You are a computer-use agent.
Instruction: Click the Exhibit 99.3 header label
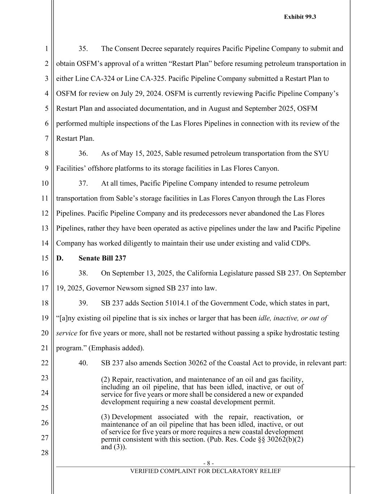click(300, 17)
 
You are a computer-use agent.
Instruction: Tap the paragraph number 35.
click(83, 49)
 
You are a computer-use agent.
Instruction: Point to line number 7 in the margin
click(47, 139)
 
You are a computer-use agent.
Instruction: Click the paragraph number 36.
click(83, 153)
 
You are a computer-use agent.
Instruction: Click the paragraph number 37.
click(83, 183)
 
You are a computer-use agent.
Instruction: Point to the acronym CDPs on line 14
click(301, 243)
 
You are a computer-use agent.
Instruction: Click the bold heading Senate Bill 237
click(102, 258)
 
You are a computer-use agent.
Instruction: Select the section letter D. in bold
click(60, 258)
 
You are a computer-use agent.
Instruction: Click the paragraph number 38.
click(83, 273)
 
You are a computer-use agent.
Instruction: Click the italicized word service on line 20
click(67, 333)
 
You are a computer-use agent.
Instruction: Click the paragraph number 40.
click(83, 363)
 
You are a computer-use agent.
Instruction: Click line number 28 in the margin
click(45, 453)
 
